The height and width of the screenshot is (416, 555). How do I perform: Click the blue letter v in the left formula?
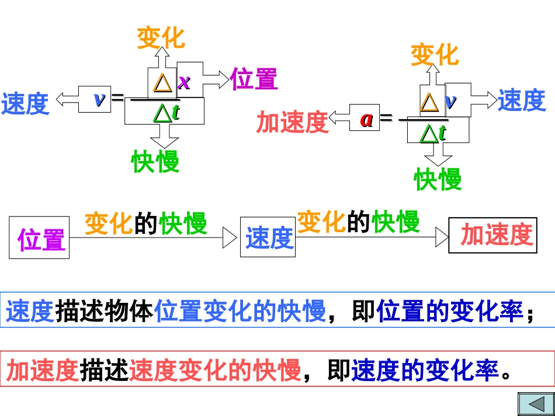(x=99, y=99)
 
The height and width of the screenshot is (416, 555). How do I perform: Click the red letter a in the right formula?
(x=366, y=119)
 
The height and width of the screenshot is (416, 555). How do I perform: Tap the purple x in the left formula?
(x=185, y=82)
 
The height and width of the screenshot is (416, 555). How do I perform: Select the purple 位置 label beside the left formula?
(x=254, y=79)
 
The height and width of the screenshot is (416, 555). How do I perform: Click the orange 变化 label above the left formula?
(x=161, y=38)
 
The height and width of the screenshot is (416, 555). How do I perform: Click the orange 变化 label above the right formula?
(x=435, y=55)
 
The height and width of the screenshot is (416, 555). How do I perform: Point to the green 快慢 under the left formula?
(x=155, y=162)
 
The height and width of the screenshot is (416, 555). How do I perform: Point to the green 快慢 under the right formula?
(x=438, y=179)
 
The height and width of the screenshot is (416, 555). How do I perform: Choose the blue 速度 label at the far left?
(x=25, y=104)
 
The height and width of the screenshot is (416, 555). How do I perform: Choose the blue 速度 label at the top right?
(x=521, y=100)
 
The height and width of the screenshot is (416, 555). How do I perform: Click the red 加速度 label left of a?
(x=293, y=122)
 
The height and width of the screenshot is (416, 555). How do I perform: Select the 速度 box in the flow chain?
(x=269, y=237)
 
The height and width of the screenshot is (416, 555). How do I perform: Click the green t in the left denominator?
(x=175, y=113)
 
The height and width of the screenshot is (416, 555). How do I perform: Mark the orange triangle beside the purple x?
(x=163, y=83)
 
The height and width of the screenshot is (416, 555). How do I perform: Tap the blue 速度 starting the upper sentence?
(x=30, y=312)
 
